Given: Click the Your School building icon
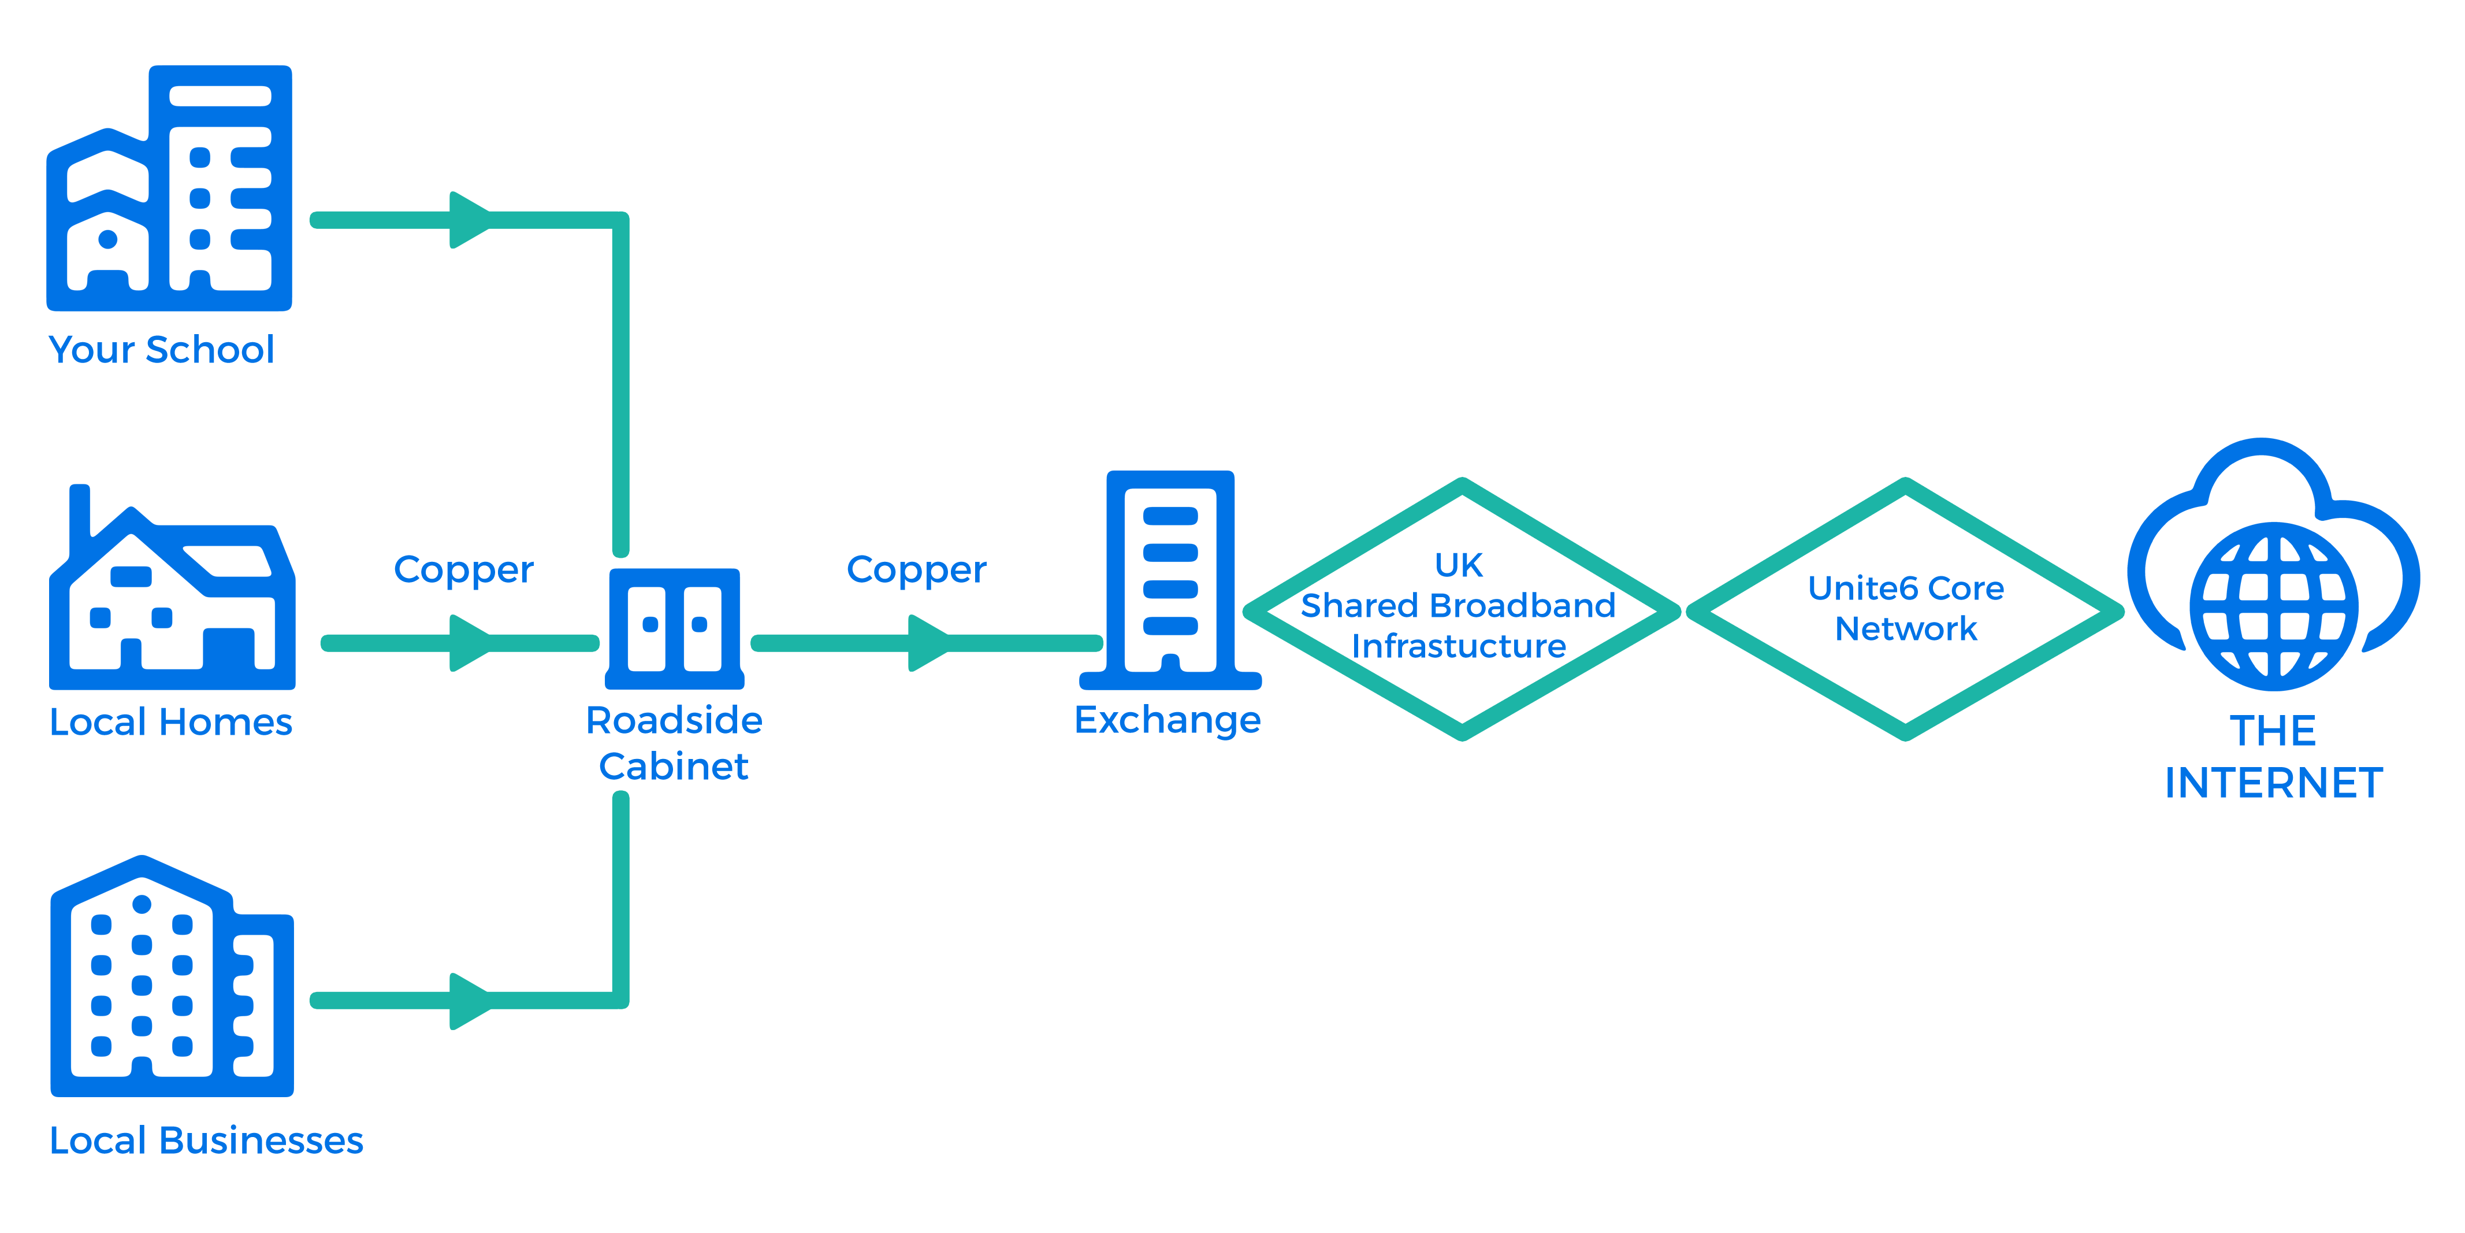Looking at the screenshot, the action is pos(169,188).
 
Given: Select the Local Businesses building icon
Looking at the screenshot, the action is pos(172,976).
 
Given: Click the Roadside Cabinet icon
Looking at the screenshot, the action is pos(675,629).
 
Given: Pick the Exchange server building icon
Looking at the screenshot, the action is pos(1170,580).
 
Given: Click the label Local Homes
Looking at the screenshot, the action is pos(172,722).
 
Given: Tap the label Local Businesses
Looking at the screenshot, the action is pos(207,1140).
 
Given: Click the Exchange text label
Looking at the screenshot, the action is pos(1168,720).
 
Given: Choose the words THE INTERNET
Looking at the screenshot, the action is pos(2274,757).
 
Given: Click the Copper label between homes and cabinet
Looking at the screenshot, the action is pos(464,571).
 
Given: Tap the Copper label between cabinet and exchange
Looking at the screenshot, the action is pos(917,571).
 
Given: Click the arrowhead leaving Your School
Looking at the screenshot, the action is pos(470,220).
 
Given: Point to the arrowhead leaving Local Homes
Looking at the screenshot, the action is pos(470,643).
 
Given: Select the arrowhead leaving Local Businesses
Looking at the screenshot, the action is pos(470,1001).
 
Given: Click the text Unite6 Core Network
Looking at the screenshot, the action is pos(1906,608).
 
